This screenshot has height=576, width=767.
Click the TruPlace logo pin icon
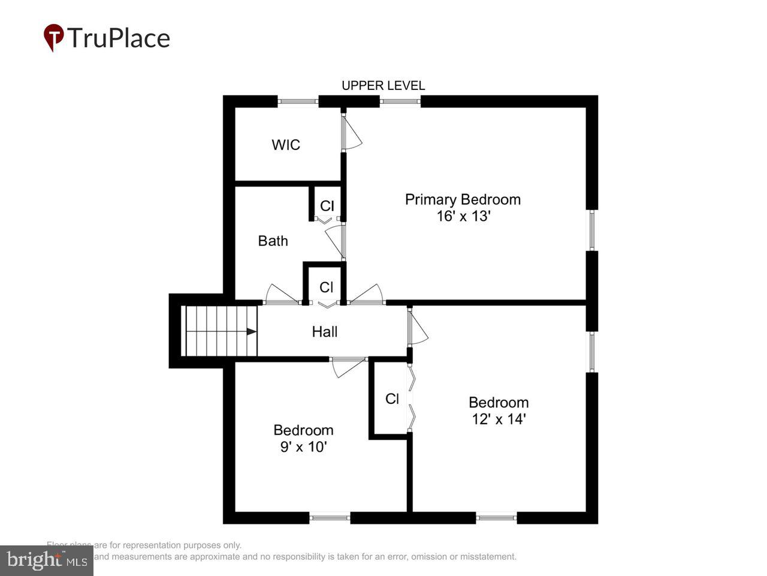point(54,37)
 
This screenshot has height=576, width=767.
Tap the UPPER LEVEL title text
point(383,86)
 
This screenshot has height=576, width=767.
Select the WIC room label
point(286,145)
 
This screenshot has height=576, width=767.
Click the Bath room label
point(273,241)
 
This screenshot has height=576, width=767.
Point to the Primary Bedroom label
point(463,199)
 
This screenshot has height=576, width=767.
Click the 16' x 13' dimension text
point(463,216)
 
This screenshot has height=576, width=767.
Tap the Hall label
point(324,331)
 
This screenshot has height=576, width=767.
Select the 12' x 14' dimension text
point(499,419)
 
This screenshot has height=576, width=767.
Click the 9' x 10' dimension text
point(303,446)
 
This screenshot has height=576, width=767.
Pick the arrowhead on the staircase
point(252,331)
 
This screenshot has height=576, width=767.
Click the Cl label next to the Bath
point(327,206)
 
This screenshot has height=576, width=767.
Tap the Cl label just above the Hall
point(326,287)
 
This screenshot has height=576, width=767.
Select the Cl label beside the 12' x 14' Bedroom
point(392,399)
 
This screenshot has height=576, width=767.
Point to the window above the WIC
point(298,101)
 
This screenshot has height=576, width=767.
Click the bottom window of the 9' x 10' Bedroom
point(330,517)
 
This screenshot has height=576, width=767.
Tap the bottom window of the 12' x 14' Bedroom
point(496,517)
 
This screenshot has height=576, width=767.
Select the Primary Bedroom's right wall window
point(591,229)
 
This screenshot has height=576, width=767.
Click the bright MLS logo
point(47,560)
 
